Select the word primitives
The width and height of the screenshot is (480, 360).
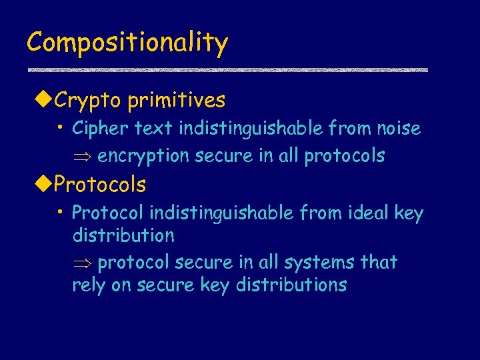177,101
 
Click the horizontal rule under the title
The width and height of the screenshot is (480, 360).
227,70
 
